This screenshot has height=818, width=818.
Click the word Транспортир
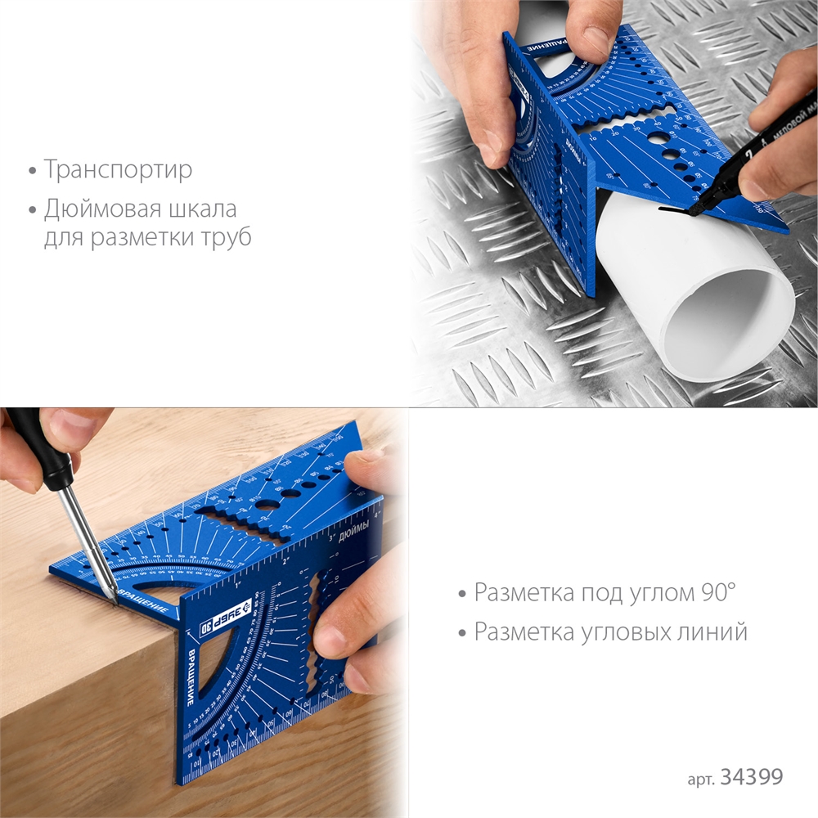(118, 170)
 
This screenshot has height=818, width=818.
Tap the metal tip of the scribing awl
(109, 596)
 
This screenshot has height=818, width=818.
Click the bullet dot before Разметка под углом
(463, 593)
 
